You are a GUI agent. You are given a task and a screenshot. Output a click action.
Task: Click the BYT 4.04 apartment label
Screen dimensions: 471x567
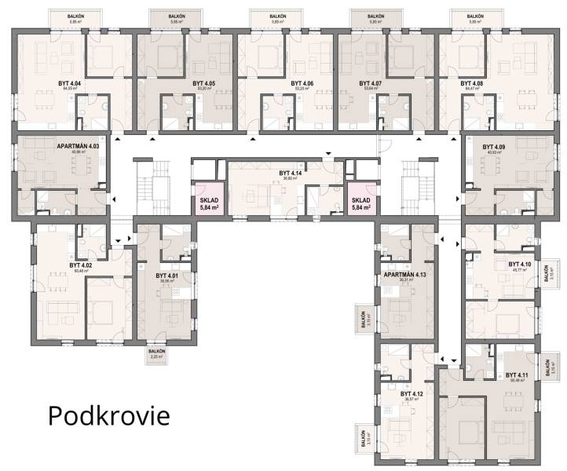(69, 82)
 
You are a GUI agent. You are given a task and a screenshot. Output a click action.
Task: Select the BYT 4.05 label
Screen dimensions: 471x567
(203, 82)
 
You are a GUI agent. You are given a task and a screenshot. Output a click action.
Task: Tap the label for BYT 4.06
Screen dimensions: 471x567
(302, 82)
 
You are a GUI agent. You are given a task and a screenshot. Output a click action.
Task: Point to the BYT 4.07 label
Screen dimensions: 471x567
(371, 82)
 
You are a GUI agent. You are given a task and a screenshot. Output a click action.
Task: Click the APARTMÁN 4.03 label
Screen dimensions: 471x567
(78, 146)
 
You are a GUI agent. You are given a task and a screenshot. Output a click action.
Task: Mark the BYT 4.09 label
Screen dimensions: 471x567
(494, 147)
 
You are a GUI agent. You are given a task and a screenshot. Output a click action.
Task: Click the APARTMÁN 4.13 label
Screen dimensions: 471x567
(404, 275)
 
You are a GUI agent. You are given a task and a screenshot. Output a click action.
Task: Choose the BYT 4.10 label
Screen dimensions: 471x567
(520, 265)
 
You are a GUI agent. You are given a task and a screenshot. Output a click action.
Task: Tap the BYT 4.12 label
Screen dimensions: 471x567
(412, 393)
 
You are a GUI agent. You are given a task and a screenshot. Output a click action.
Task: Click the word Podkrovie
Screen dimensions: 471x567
(108, 415)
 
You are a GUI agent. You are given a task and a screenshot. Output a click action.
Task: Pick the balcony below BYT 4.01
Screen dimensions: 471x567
(157, 354)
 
